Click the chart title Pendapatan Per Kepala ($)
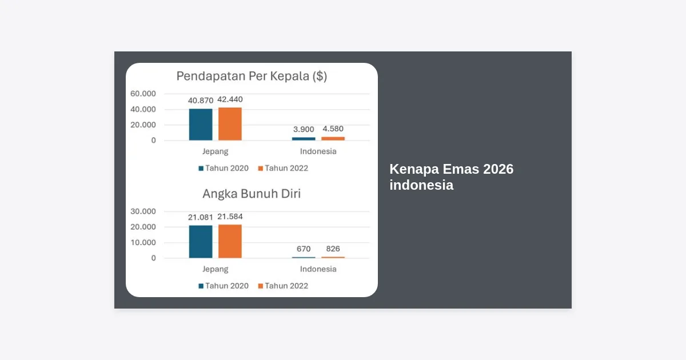252,76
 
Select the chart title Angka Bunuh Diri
252,194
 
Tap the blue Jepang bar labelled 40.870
201,125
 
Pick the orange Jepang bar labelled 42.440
230,124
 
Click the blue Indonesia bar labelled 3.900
304,139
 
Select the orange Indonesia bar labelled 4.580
333,139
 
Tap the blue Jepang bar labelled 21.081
201,242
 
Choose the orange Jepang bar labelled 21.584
230,241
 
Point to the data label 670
304,249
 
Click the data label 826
333,249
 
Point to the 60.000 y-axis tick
143,94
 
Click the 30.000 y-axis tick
143,211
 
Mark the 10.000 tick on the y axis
143,242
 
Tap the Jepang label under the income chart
216,151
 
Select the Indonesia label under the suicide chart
318,269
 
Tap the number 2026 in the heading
498,169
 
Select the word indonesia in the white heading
421,185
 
